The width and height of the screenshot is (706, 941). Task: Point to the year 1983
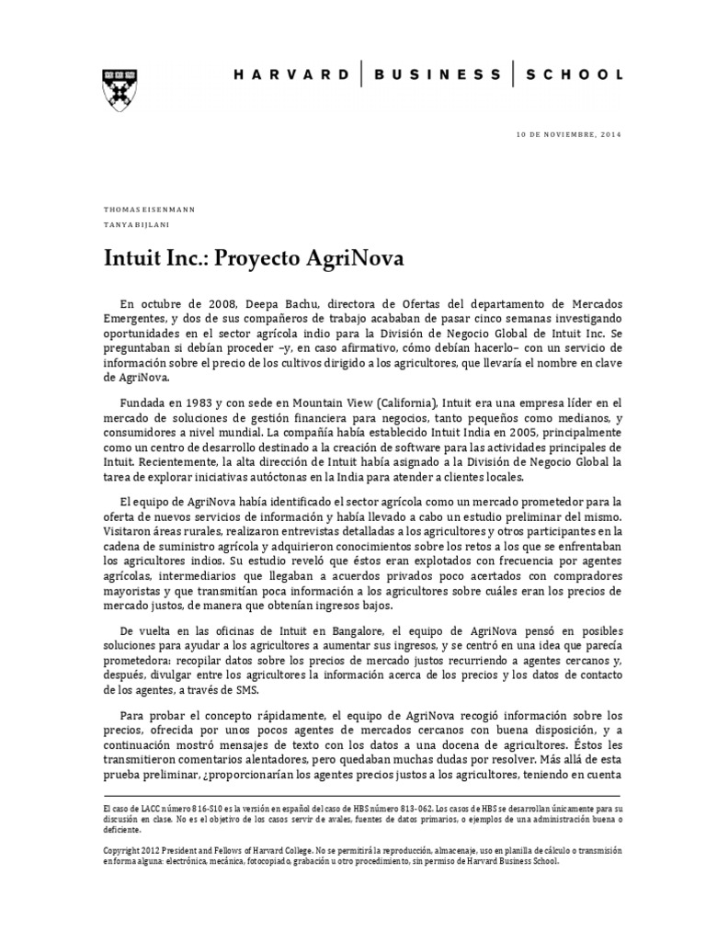point(210,402)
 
